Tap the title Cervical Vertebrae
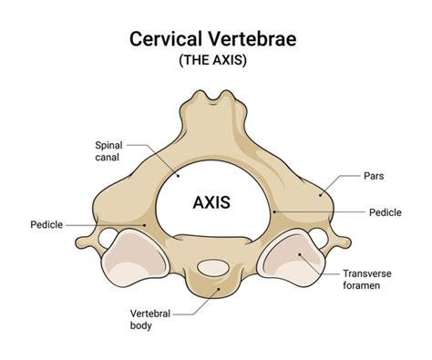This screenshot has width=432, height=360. coord(215,41)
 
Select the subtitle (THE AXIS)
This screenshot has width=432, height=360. coord(215,61)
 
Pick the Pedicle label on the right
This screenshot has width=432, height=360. coord(384,212)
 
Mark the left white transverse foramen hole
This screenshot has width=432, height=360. coord(106,239)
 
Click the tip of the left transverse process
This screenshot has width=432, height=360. coord(79,243)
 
